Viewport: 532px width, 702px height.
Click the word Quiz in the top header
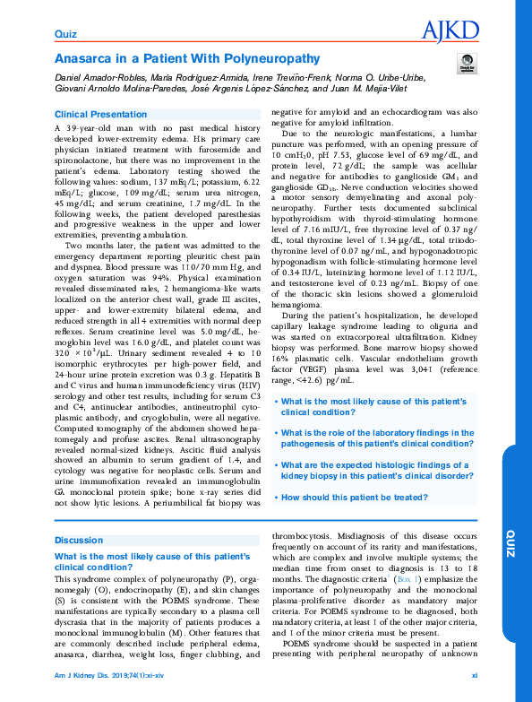pos(65,35)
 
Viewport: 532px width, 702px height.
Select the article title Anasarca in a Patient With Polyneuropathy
pos(186,60)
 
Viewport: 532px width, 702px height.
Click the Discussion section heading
pos(79,541)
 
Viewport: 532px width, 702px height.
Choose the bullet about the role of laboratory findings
pos(377,438)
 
